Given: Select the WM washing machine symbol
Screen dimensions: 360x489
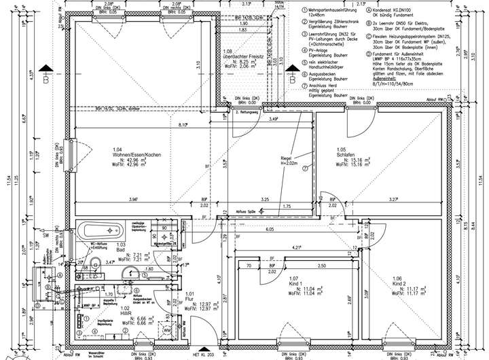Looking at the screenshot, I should click(x=166, y=329).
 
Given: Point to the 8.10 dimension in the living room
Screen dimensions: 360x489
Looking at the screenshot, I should click(x=183, y=125).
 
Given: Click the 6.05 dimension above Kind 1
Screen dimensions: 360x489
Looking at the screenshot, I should click(x=270, y=230).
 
